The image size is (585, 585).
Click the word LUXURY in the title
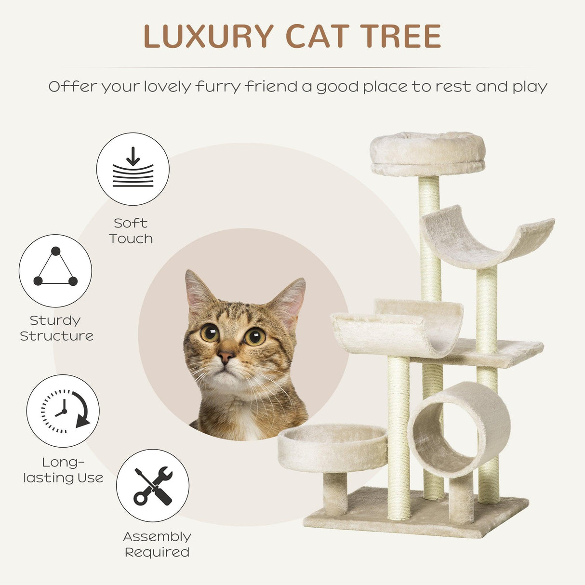tap(208, 36)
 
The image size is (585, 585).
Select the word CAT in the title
tap(317, 36)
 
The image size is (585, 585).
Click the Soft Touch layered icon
tap(133, 169)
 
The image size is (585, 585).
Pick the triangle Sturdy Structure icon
tap(55, 270)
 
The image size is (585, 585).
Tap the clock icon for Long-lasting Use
tap(63, 411)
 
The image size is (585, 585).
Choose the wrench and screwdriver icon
tap(153, 485)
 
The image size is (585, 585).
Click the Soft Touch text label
tap(131, 231)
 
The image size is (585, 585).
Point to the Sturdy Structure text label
tap(56, 328)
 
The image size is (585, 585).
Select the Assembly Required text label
tap(157, 544)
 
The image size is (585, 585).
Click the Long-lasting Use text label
tap(63, 470)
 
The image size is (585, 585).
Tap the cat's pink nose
tap(225, 357)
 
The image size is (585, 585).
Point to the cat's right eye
tap(254, 336)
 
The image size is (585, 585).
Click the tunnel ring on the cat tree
tap(459, 428)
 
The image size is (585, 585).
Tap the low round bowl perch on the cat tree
tap(332, 447)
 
